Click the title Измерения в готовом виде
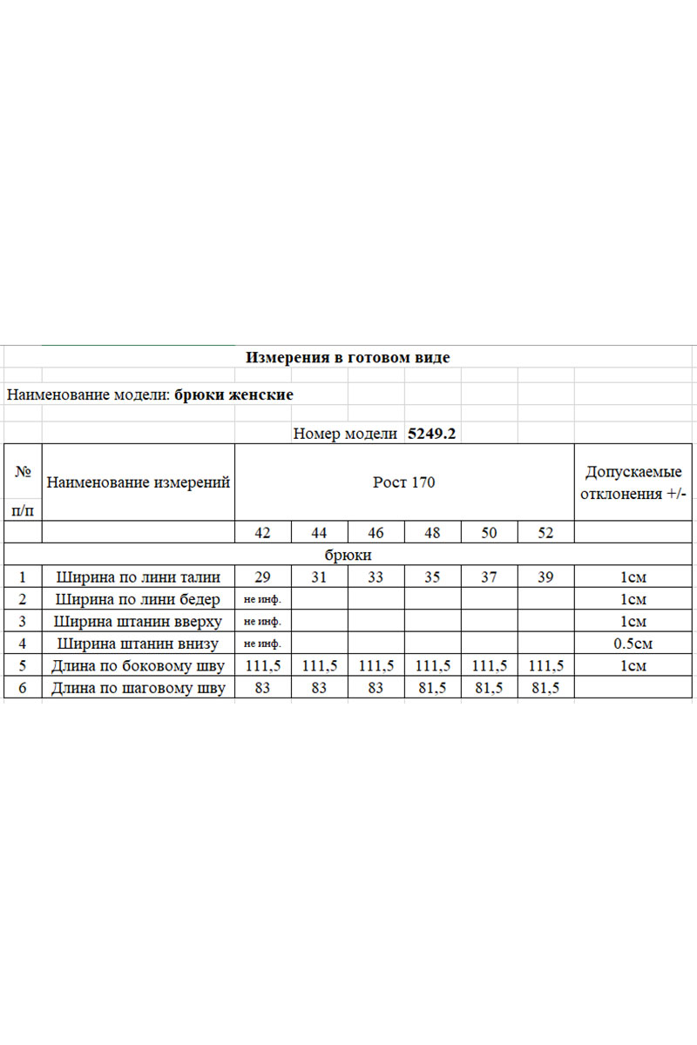coord(348,357)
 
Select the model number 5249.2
coord(432,433)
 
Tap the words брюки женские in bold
coord(233,394)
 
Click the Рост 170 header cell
coord(403,482)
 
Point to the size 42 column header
coord(262,533)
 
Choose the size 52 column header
coord(545,533)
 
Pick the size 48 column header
coord(432,533)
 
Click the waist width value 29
coord(262,576)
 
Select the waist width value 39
coord(545,576)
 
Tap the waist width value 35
coord(432,576)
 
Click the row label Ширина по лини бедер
coord(139,599)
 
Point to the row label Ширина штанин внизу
coord(139,644)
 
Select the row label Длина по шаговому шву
coord(139,688)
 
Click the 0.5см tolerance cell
coord(633,644)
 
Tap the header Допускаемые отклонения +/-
coord(633,483)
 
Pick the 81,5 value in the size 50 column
coord(489,688)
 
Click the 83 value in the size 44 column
coord(319,688)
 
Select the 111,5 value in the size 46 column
coord(376,666)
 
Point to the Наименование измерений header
coord(139,482)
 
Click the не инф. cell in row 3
coord(262,622)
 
